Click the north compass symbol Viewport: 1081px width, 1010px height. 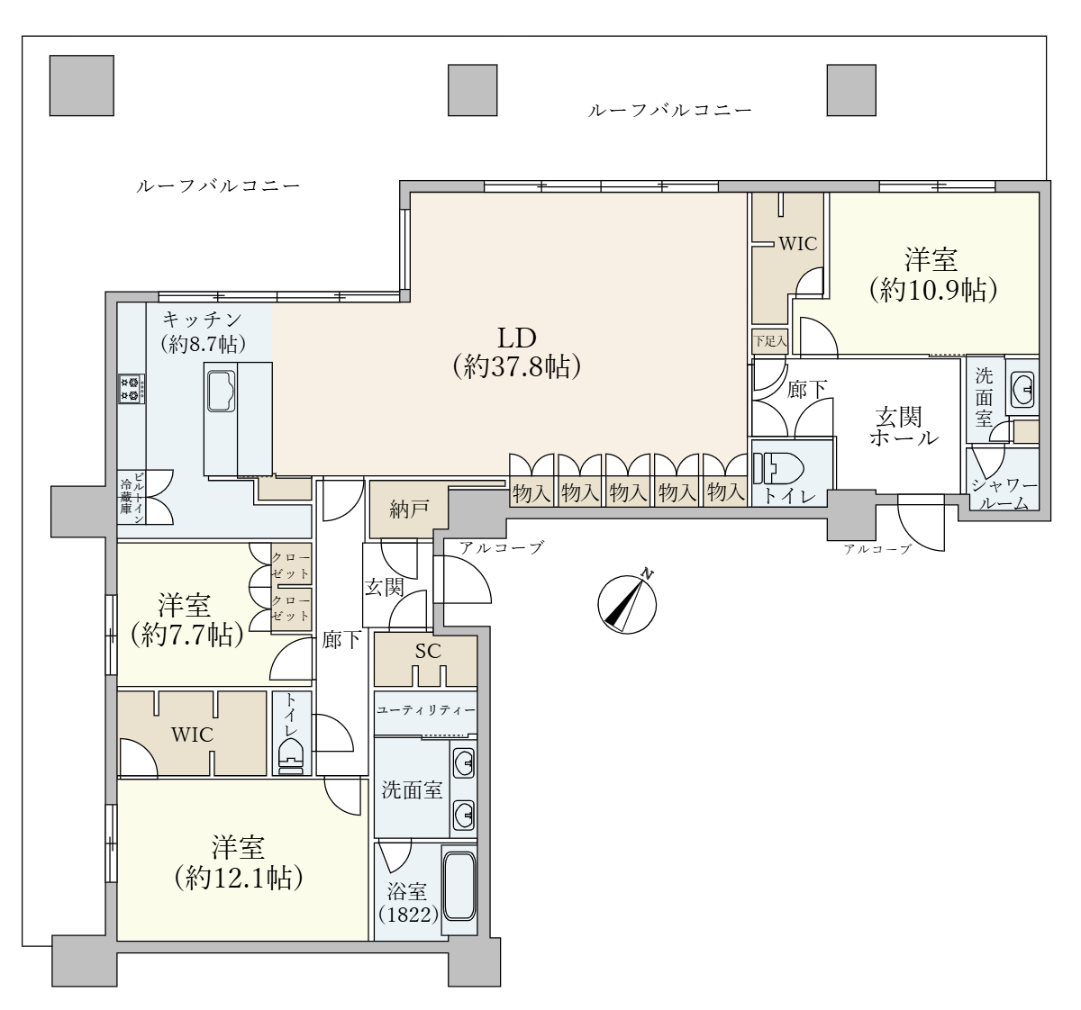[627, 603]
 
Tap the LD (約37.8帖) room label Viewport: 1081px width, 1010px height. [516, 352]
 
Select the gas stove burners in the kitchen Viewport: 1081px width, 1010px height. [132, 389]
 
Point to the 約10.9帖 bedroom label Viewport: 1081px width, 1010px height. [932, 275]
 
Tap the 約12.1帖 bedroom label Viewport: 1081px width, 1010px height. [239, 862]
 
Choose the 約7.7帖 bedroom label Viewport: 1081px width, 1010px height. [186, 620]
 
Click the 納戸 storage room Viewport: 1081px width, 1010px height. [409, 510]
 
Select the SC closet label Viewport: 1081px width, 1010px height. [428, 652]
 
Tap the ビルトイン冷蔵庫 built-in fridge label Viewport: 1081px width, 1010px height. [132, 498]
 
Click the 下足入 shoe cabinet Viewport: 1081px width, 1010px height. [769, 342]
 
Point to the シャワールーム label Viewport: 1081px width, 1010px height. [1004, 494]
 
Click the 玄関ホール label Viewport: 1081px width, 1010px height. [904, 428]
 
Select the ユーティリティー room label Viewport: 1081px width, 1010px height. [426, 710]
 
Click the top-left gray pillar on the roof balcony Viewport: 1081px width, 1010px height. [82, 86]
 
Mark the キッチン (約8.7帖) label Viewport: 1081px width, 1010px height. [203, 331]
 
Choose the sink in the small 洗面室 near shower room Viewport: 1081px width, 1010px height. [1022, 390]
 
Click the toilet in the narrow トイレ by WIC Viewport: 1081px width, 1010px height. [291, 756]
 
